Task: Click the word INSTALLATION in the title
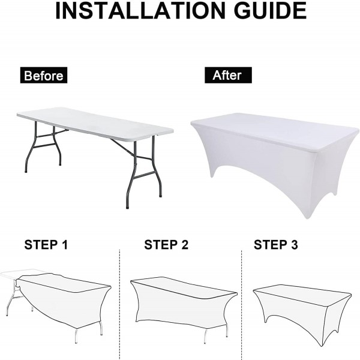click(x=140, y=11)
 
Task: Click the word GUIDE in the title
click(x=270, y=11)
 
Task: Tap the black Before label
click(x=44, y=75)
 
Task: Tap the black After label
click(x=228, y=75)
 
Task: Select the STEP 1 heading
click(x=46, y=245)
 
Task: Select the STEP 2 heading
click(x=166, y=245)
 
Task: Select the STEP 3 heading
click(x=276, y=245)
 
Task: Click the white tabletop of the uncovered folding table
click(x=95, y=124)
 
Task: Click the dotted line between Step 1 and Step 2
click(x=119, y=305)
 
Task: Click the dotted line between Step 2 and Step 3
click(x=242, y=305)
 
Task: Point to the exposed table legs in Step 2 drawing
click(x=216, y=334)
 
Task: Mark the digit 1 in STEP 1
click(x=65, y=245)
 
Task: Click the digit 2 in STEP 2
click(x=185, y=245)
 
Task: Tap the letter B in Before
click(x=28, y=76)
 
